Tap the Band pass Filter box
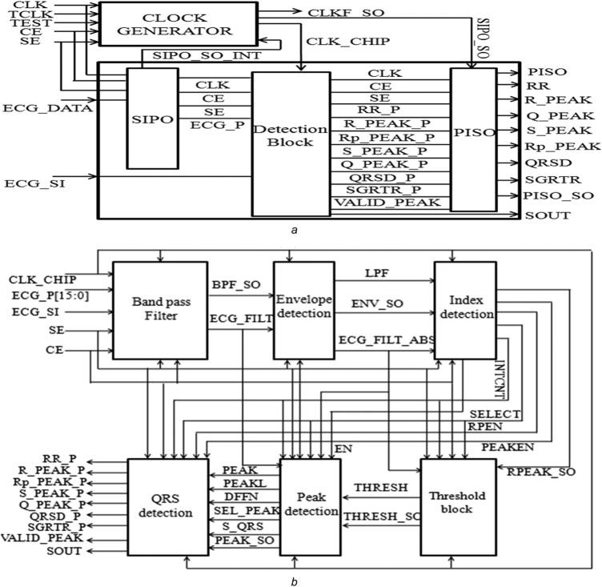(x=159, y=309)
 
